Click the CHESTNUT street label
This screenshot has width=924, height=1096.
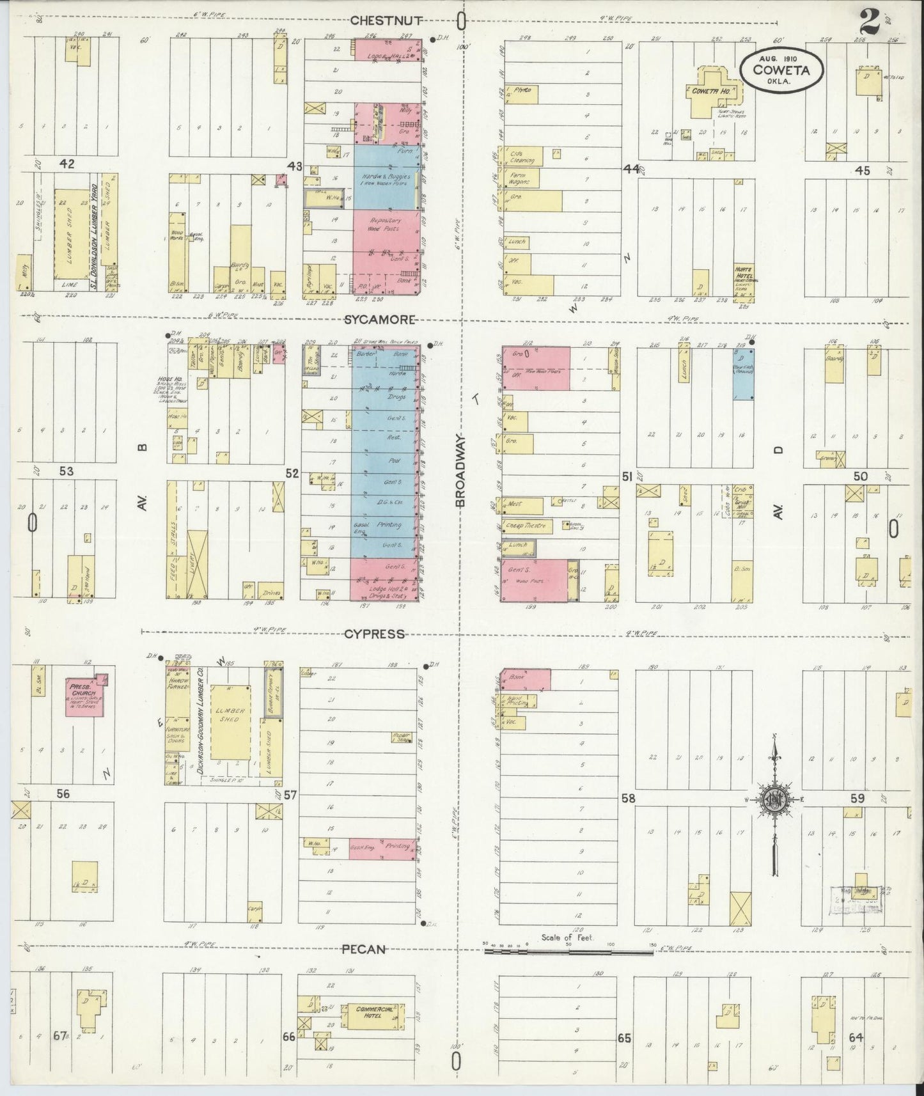385,20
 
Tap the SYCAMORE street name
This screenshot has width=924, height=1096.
380,320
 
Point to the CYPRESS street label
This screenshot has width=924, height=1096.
374,634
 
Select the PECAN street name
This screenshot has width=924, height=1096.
363,949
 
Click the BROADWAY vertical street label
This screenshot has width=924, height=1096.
461,472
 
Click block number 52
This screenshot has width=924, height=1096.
292,474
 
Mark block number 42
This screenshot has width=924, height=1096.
67,164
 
